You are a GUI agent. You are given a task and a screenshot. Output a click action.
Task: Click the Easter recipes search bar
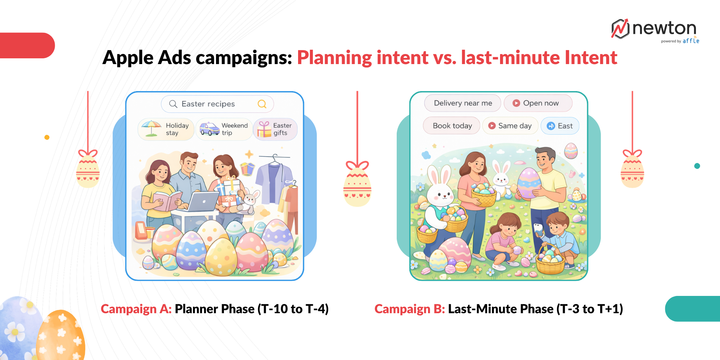click(217, 104)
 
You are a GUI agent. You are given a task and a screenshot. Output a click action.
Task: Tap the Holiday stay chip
click(166, 129)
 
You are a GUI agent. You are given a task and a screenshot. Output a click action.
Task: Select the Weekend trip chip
click(224, 129)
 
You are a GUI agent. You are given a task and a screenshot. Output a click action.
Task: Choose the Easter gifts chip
click(275, 129)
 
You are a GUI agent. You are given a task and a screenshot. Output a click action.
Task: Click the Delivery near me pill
click(463, 103)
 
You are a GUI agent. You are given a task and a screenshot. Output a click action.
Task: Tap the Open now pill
click(538, 103)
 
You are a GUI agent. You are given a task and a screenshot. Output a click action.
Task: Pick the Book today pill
click(451, 126)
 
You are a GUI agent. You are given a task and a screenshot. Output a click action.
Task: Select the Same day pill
click(510, 126)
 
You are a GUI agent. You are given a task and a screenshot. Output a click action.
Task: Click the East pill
click(560, 126)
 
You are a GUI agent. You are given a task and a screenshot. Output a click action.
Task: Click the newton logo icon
click(620, 29)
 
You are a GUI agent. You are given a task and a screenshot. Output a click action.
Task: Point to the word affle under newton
click(691, 41)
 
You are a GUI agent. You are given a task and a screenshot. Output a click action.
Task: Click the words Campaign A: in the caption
click(136, 309)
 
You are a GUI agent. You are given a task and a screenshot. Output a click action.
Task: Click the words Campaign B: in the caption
click(410, 309)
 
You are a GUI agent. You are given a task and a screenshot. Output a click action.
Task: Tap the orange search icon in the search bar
click(262, 104)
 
